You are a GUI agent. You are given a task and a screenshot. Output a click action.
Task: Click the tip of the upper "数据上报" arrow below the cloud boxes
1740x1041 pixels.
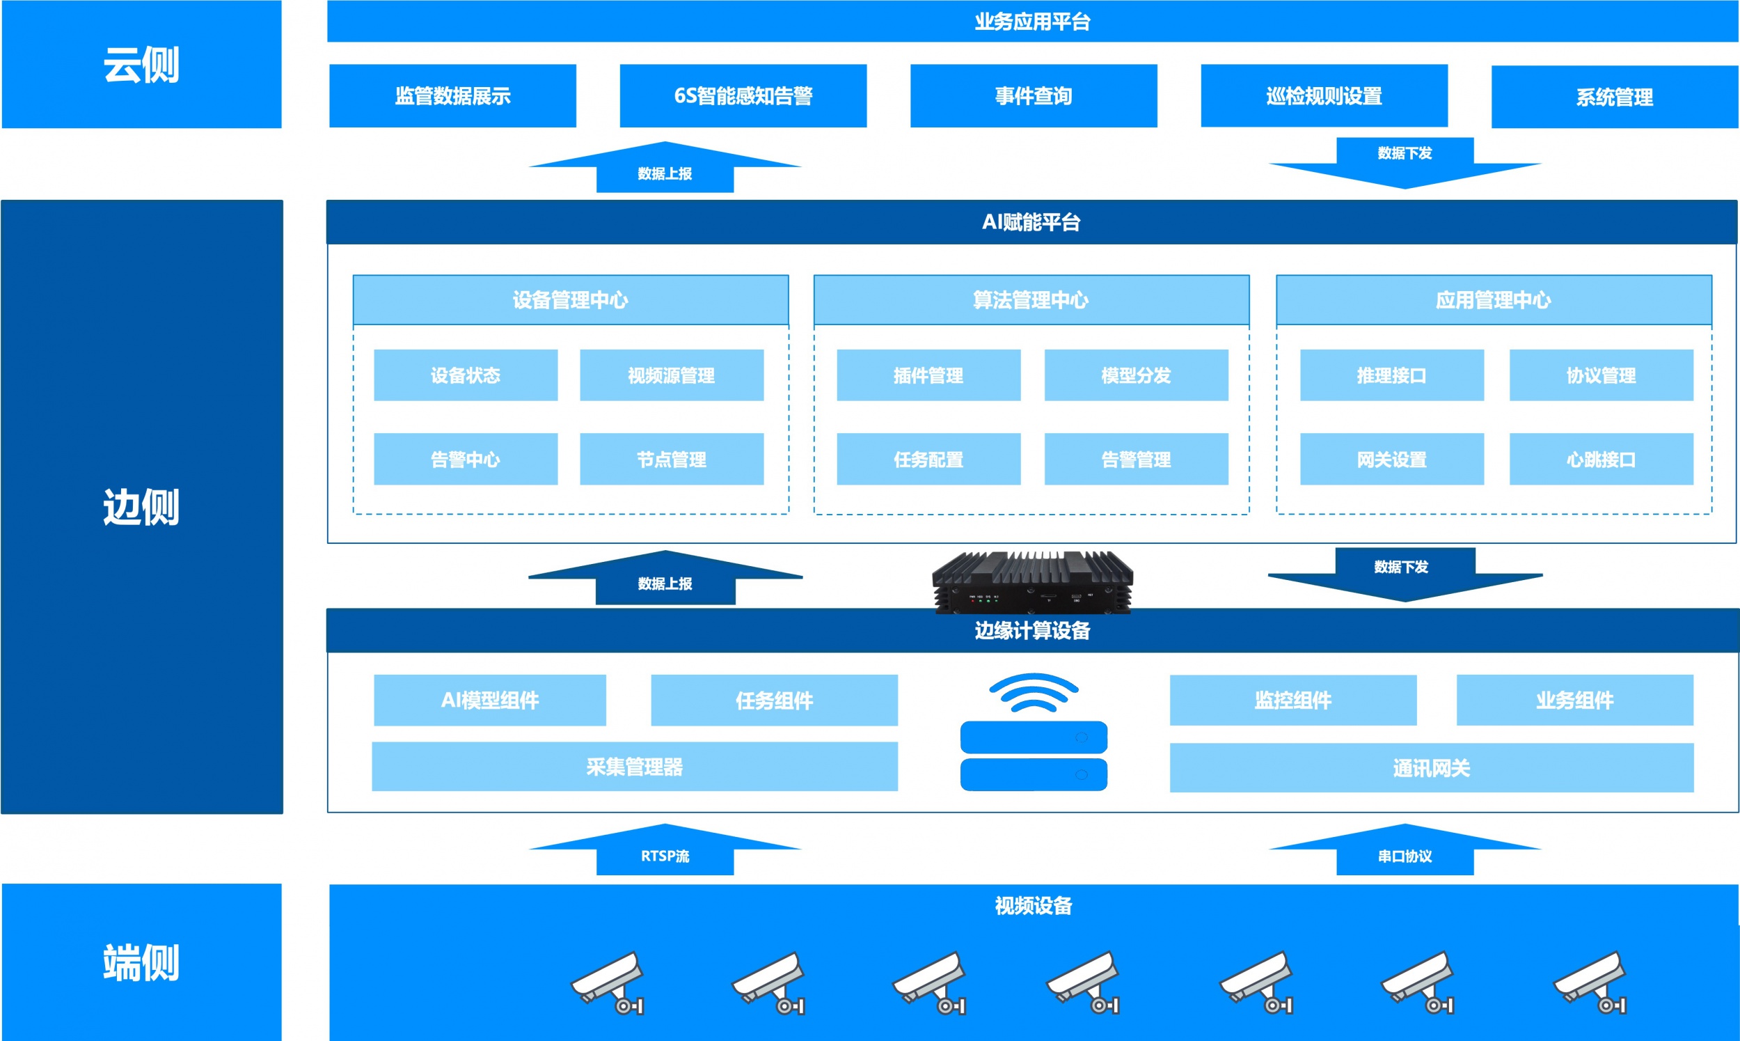665,141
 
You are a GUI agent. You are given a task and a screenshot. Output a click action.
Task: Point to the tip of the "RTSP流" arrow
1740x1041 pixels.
665,824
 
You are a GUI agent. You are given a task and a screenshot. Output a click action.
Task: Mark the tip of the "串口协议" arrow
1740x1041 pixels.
1405,824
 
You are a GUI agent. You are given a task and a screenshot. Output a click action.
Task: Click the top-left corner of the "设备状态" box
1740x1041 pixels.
374,350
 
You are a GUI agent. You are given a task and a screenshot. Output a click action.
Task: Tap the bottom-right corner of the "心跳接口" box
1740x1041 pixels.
1693,484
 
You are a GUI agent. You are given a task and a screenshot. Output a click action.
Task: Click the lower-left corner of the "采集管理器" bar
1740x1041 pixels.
372,790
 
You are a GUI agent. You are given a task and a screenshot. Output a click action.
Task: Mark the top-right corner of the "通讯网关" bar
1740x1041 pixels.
1694,744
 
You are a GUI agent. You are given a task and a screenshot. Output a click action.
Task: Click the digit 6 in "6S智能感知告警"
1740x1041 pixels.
680,96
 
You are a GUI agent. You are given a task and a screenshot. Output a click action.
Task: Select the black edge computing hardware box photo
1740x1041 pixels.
1033,581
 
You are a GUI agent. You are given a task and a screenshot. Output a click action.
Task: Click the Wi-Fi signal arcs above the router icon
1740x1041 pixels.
1034,692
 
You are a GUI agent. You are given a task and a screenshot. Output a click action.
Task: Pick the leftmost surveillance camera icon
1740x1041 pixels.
607,982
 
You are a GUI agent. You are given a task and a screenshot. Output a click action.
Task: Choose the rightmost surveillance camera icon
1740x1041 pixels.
1590,982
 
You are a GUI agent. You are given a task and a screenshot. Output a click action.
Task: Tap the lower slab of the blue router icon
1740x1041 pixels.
1034,774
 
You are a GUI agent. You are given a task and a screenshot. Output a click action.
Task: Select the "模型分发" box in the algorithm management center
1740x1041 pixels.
1137,375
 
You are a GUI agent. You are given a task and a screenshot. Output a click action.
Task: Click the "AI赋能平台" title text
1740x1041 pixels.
1031,222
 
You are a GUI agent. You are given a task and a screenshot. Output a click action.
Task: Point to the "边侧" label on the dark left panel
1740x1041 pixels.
141,507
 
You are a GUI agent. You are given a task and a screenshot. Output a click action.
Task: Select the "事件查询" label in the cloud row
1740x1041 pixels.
1034,96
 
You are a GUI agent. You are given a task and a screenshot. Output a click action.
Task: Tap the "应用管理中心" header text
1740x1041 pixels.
1493,300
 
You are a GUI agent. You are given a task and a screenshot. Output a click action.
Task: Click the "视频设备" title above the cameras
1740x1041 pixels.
1034,906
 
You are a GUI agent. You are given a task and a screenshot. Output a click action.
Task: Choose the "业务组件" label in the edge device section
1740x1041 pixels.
1574,700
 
